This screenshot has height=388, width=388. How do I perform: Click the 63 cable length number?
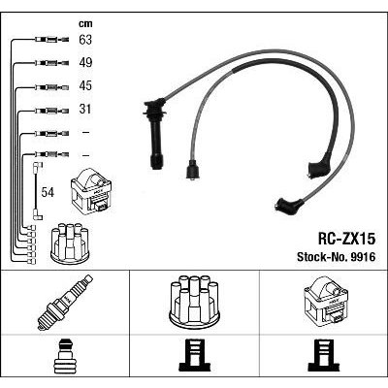coord(85,40)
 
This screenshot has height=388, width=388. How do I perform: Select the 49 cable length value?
coord(85,62)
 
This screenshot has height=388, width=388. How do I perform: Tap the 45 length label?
coord(85,85)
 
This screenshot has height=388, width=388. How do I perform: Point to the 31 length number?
coord(85,109)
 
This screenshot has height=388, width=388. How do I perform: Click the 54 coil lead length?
coord(48,192)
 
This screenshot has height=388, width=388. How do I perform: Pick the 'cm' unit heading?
coord(85,23)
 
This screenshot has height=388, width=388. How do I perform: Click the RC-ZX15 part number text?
coord(346,239)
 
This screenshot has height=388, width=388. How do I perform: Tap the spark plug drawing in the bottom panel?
coord(65,303)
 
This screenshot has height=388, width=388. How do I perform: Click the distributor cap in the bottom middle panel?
coord(194,299)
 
